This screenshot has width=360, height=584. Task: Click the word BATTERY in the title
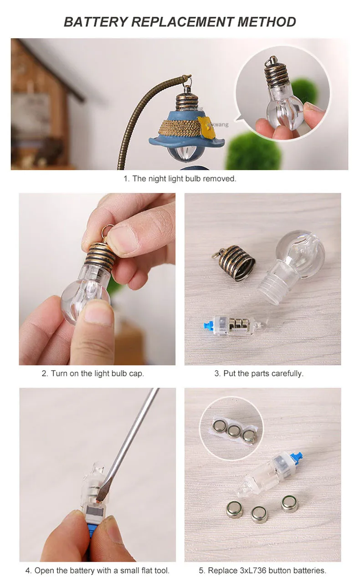pos(96,22)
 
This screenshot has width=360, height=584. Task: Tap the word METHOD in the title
pos(267,22)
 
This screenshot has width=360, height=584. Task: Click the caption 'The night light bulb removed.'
pos(185,179)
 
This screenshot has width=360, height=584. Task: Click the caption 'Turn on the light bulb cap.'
pos(98,374)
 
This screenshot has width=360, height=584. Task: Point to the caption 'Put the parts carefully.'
pos(263,374)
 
